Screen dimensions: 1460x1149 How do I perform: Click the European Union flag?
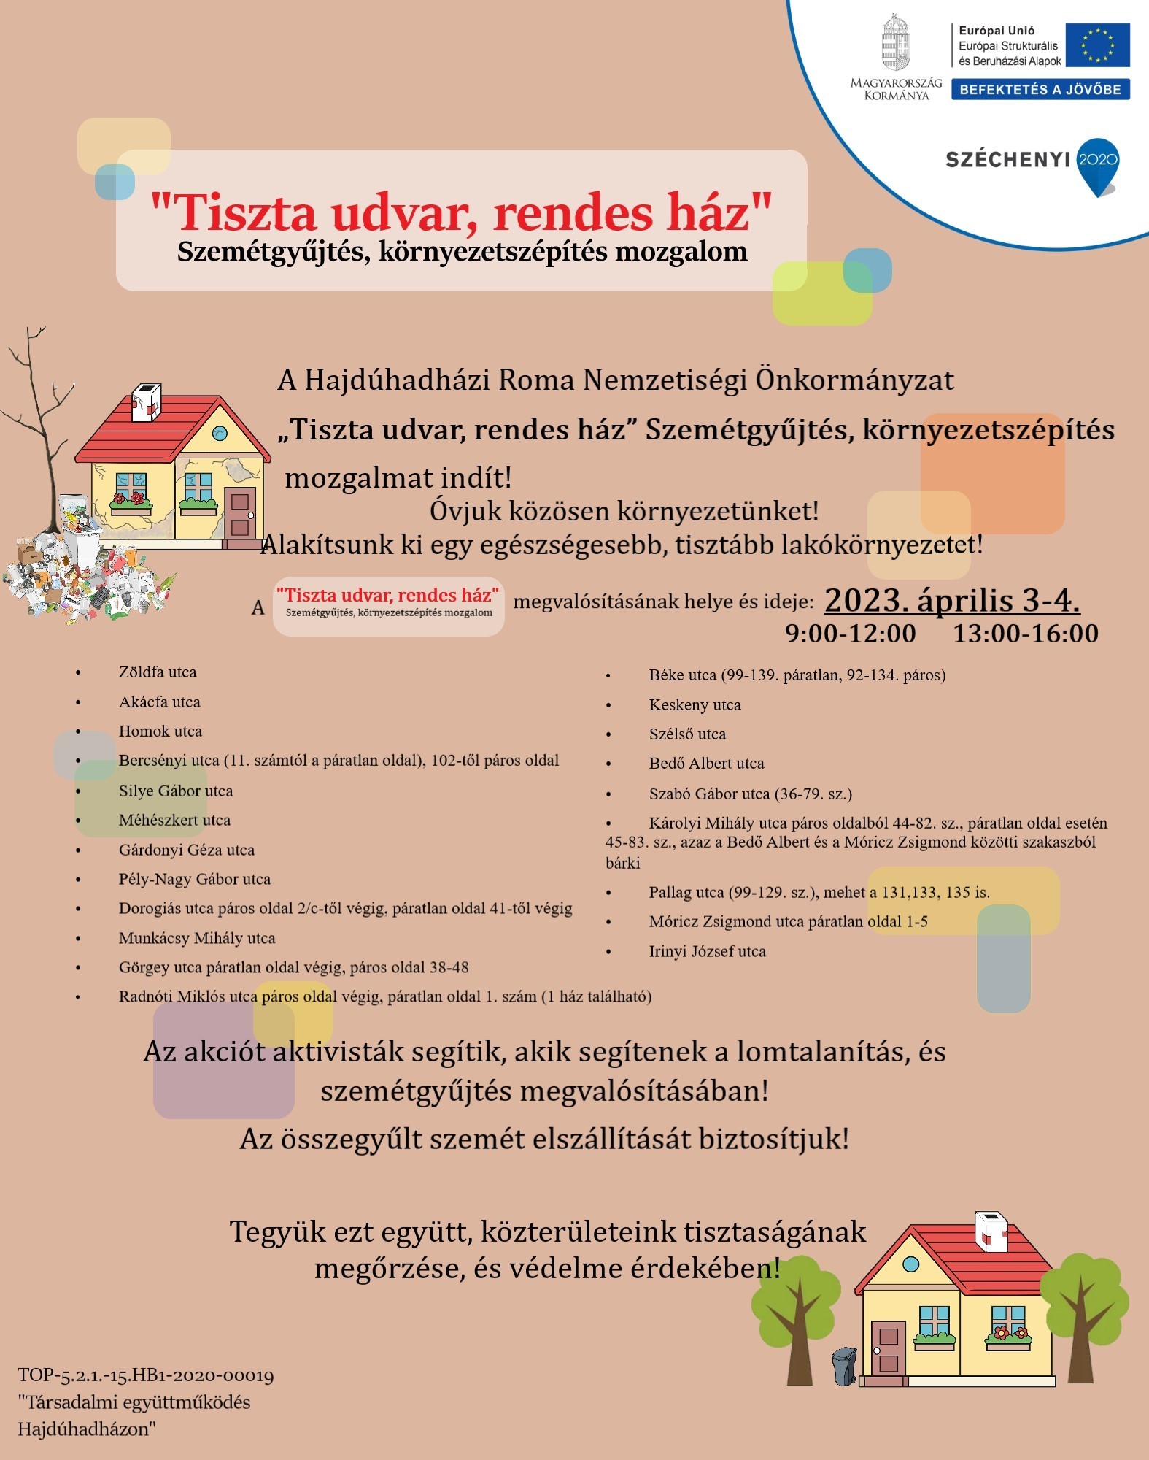point(1096,45)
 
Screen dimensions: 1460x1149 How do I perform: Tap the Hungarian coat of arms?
point(896,45)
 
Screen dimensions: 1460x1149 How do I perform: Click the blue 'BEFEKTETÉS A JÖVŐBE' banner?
point(1040,90)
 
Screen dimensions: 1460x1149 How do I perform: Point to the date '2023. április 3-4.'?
point(952,600)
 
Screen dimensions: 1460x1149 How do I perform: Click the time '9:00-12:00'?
point(850,634)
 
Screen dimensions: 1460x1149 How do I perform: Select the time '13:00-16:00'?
point(1026,634)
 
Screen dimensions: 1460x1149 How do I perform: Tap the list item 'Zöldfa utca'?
point(158,672)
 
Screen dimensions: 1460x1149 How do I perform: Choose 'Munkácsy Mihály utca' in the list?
point(197,938)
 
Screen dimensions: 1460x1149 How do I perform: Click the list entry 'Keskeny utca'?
point(695,705)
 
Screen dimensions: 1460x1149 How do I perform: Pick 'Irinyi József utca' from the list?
point(707,951)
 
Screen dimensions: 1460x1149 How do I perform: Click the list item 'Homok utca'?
point(160,731)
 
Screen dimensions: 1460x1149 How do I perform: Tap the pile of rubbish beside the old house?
point(80,577)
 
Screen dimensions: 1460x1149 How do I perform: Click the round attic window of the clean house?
point(911,1264)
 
